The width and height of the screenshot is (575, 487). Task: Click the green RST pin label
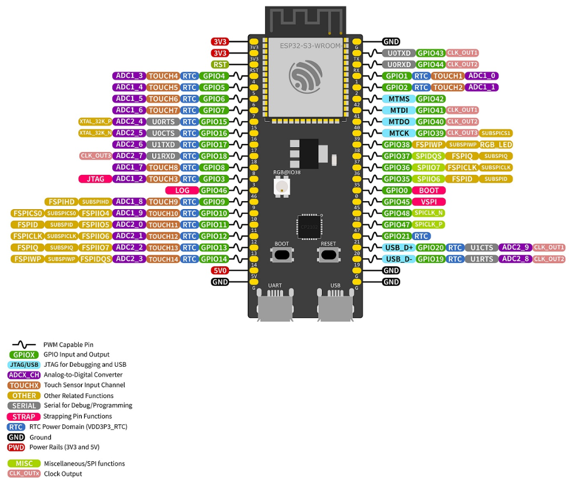[x=220, y=65]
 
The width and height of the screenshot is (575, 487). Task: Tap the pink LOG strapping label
[x=182, y=190]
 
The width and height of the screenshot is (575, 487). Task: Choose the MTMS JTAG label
[x=399, y=99]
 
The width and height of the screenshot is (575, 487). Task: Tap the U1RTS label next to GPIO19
[x=481, y=259]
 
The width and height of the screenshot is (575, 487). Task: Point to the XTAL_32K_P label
[x=95, y=122]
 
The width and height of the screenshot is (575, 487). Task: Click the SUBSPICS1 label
[x=496, y=133]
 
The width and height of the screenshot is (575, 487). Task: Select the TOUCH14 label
[x=163, y=259]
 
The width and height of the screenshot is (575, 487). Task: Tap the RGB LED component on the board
[x=280, y=186]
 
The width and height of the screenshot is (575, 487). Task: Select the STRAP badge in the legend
[x=24, y=417]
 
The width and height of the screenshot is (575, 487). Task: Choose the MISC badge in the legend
[x=24, y=464]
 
